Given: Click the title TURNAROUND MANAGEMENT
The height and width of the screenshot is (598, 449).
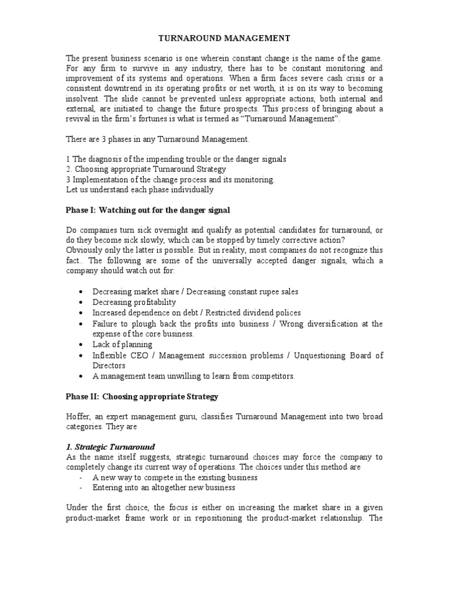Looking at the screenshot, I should (x=224, y=39).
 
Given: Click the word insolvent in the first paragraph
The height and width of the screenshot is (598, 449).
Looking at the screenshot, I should (x=84, y=99).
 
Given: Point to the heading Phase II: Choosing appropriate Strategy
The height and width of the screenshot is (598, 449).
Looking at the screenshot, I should (x=141, y=397).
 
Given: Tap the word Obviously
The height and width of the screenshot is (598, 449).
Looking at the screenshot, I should (x=84, y=250).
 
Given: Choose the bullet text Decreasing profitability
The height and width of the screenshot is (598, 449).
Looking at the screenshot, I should (x=134, y=302).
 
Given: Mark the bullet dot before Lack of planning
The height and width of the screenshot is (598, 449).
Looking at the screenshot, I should (x=80, y=345).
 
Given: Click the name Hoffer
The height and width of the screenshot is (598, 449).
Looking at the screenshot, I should (x=77, y=416).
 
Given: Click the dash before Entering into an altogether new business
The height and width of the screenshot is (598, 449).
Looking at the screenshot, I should (x=80, y=487).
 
